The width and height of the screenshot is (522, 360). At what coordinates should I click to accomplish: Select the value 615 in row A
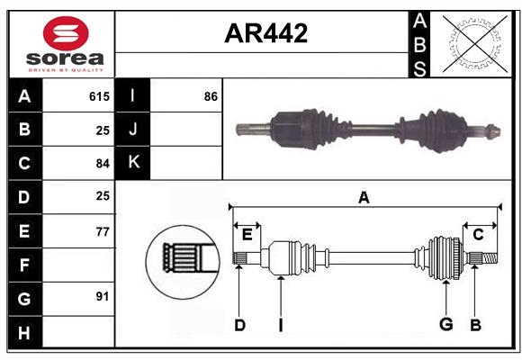click(x=99, y=96)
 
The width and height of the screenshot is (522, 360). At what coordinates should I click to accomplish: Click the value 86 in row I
click(x=211, y=96)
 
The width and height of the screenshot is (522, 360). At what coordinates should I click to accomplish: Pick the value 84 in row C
click(x=102, y=164)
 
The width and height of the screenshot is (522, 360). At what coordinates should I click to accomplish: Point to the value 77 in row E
click(x=102, y=231)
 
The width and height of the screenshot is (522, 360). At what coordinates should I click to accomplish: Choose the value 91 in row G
click(x=102, y=297)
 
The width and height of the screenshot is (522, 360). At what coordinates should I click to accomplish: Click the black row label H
click(x=24, y=332)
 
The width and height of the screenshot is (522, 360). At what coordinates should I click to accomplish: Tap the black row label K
click(x=134, y=163)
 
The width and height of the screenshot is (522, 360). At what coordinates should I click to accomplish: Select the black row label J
click(x=134, y=130)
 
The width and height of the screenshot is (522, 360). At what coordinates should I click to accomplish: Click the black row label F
click(x=24, y=265)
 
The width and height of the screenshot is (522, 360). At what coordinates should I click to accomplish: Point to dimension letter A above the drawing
click(x=364, y=197)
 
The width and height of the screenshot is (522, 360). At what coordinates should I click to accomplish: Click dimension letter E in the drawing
click(x=247, y=235)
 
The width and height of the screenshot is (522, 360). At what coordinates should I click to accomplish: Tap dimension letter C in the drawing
click(x=478, y=235)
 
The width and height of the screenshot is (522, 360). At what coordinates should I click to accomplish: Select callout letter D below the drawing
click(x=239, y=325)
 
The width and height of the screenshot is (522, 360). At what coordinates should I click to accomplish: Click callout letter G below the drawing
click(x=445, y=325)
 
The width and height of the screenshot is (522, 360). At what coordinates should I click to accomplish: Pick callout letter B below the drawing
click(x=475, y=325)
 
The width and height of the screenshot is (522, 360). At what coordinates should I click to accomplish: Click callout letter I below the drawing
click(x=280, y=325)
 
